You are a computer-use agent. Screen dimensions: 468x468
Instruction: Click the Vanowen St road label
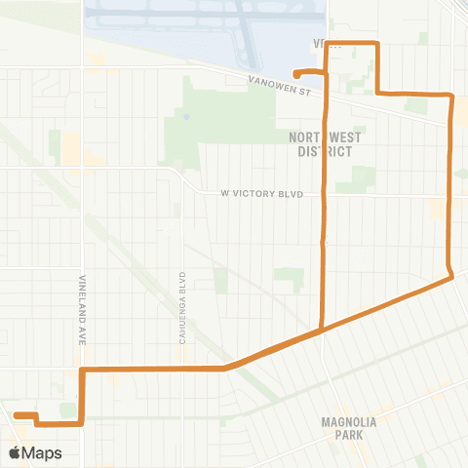[x=278, y=88]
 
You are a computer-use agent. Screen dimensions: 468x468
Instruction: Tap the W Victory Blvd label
[x=262, y=194]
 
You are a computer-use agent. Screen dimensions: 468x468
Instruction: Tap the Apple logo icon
[x=15, y=453]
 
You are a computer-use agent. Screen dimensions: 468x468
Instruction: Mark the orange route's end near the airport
[x=295, y=73]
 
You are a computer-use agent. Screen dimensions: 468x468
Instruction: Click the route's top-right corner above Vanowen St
[x=376, y=43]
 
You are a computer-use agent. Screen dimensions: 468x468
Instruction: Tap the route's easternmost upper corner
[x=451, y=95]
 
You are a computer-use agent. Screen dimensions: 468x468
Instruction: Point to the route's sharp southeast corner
[x=452, y=278]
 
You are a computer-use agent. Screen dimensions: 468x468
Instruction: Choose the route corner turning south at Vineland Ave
[x=83, y=370]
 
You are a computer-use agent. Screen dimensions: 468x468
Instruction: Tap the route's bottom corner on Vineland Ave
[x=82, y=423]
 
